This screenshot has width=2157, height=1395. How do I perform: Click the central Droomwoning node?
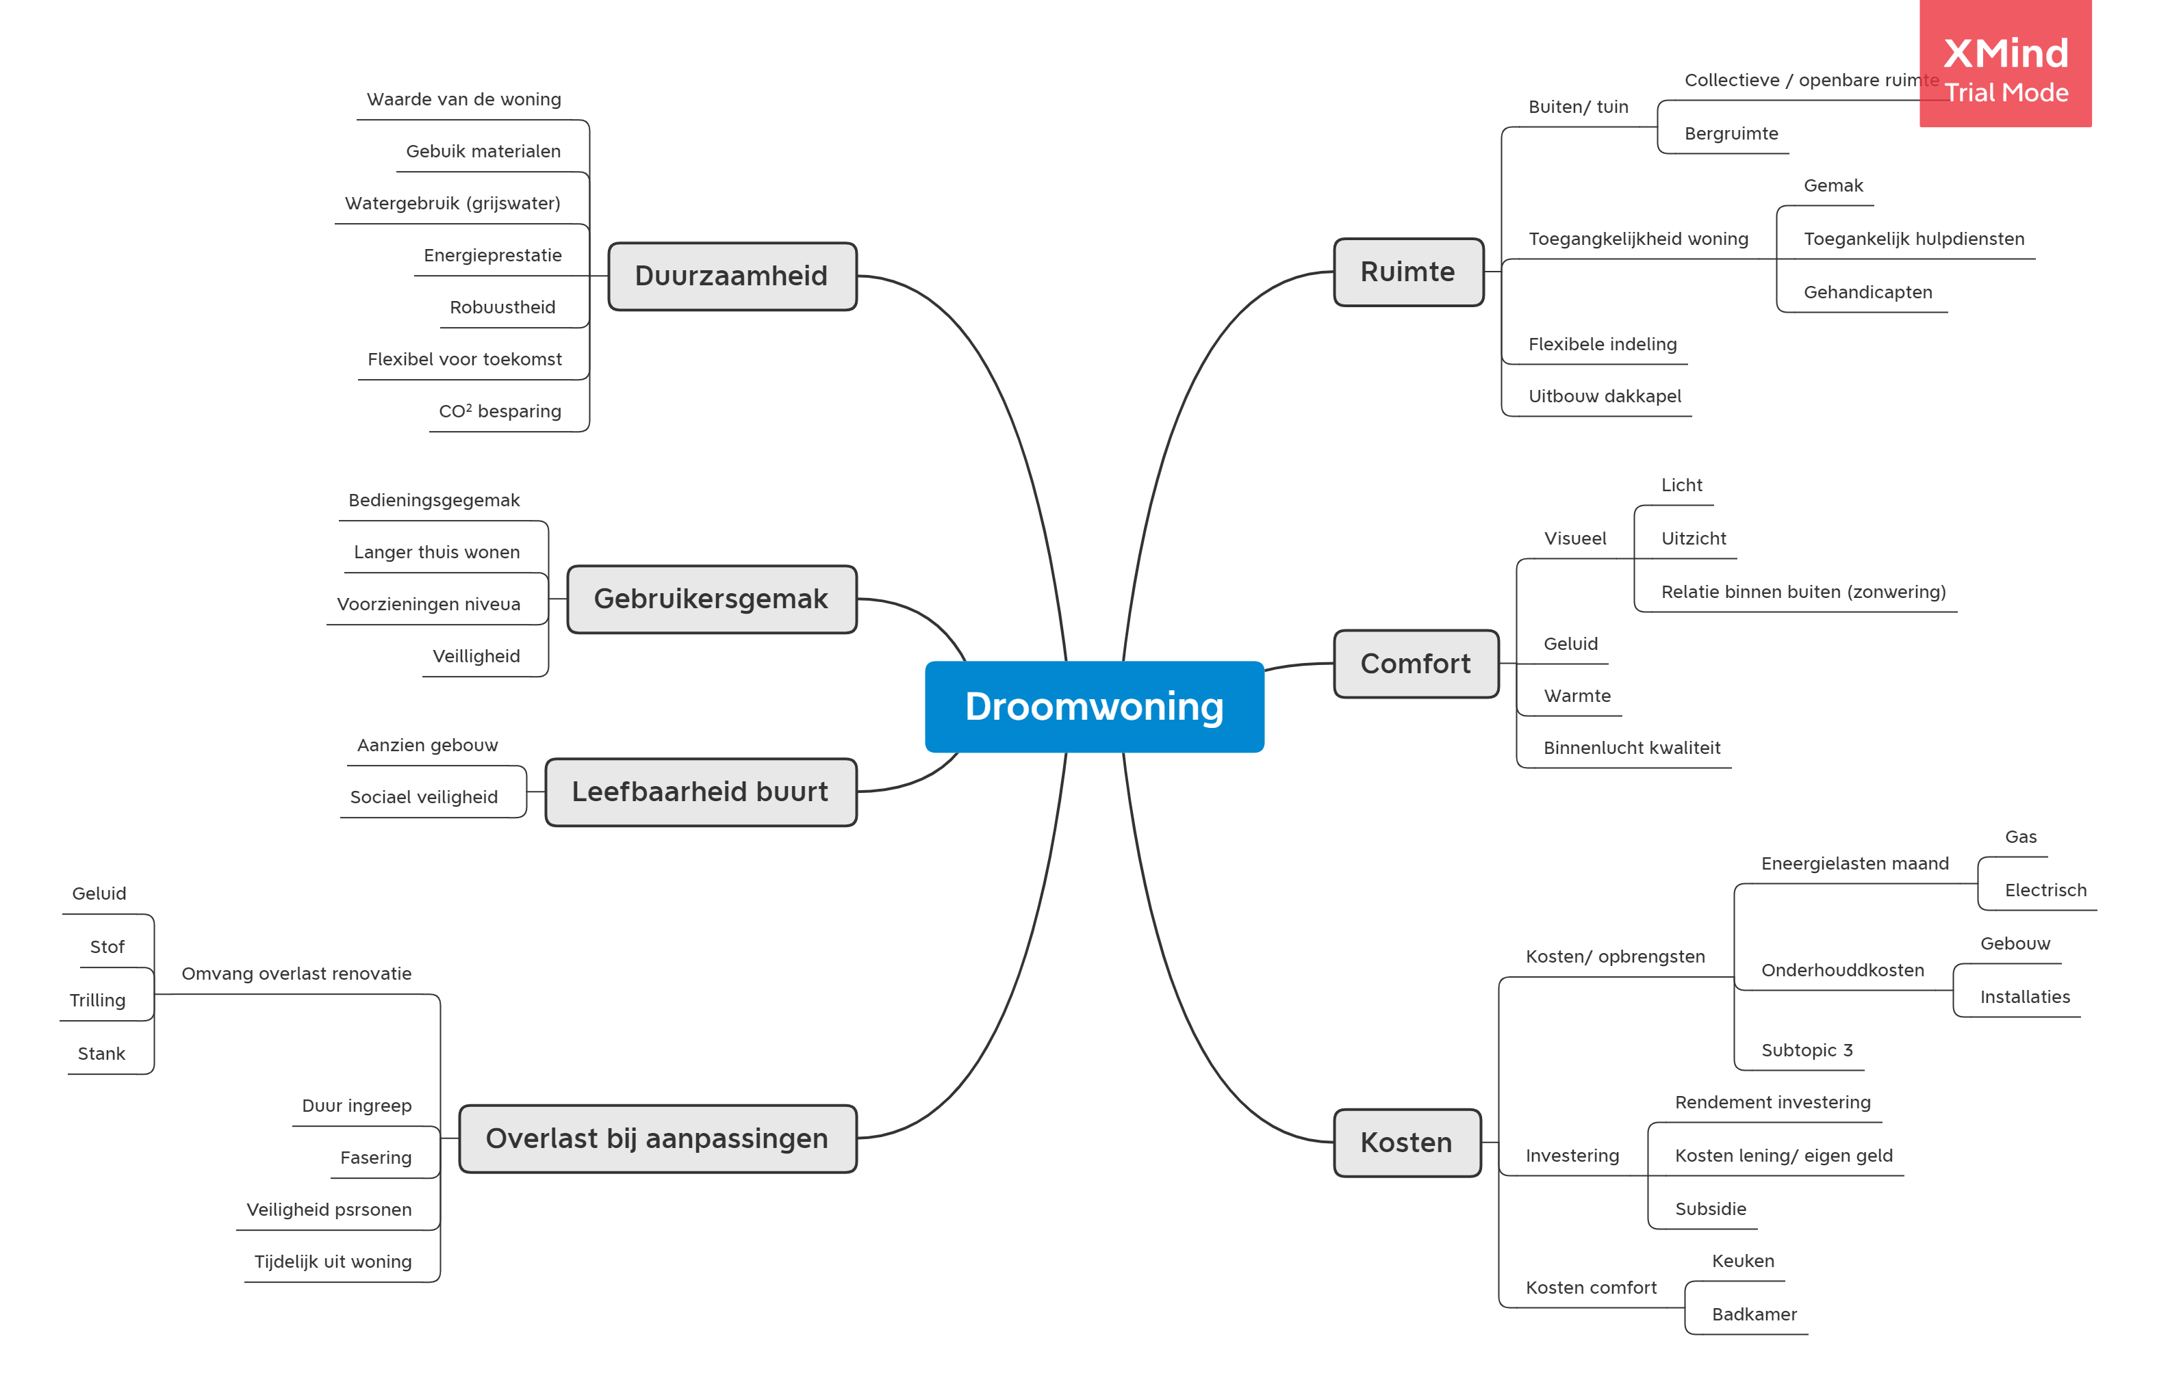click(1094, 707)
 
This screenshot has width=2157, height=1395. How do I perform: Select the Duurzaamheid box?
click(731, 276)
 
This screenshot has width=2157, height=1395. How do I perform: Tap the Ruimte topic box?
click(1407, 272)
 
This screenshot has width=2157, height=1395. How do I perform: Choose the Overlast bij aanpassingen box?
click(657, 1138)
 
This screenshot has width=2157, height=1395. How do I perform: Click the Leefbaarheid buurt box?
click(700, 792)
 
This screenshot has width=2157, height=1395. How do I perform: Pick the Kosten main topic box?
click(1407, 1143)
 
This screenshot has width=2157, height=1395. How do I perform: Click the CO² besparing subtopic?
click(500, 411)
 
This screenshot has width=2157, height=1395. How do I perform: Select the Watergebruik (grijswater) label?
click(453, 203)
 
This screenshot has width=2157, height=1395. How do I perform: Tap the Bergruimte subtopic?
click(1731, 133)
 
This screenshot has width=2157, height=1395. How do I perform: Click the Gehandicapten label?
click(1868, 291)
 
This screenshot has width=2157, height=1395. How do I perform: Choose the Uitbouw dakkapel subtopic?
click(1604, 396)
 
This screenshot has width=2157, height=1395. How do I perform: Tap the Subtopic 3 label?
click(1807, 1050)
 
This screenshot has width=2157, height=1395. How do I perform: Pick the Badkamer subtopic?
click(1754, 1314)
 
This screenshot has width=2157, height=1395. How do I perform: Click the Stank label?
click(101, 1054)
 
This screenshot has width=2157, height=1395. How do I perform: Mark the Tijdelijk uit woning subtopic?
click(333, 1261)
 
